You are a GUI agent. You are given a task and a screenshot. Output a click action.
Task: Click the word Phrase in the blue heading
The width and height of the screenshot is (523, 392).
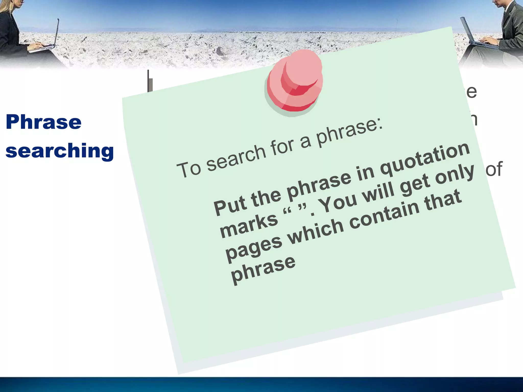(43, 122)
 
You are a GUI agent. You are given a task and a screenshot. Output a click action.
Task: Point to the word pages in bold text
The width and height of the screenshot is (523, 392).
(254, 249)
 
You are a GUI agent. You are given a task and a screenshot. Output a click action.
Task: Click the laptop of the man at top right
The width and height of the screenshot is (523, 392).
(475, 36)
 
